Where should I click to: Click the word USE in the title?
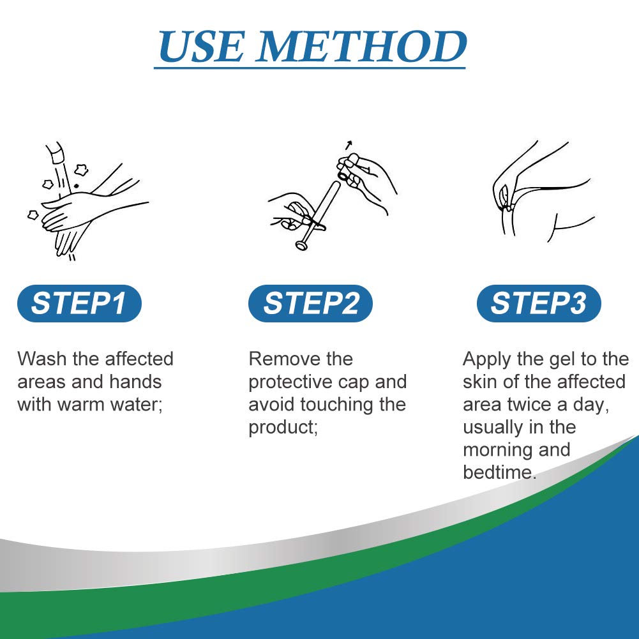click(201, 46)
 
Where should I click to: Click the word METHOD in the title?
click(361, 46)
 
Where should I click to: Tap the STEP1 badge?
click(79, 303)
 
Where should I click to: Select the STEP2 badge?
click(310, 303)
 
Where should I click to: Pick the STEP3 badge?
click(539, 303)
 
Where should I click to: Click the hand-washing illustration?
click(87, 201)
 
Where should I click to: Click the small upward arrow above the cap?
click(349, 145)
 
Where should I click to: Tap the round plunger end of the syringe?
click(301, 245)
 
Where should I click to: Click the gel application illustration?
click(543, 192)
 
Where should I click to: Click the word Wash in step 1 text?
click(41, 359)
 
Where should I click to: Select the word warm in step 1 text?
click(77, 405)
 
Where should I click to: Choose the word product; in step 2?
click(283, 428)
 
